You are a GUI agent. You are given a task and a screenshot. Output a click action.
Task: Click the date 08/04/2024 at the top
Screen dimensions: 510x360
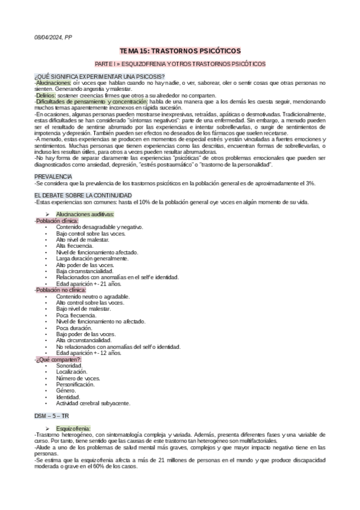47,37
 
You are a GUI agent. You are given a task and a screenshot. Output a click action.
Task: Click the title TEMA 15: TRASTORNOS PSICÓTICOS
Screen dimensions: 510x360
180,52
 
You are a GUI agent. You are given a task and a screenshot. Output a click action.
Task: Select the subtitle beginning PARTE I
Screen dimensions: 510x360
180,64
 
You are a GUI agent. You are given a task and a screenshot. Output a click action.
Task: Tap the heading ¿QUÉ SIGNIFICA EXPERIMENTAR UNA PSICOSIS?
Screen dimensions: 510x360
91,76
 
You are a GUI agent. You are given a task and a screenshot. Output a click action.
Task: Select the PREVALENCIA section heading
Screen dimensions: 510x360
53,176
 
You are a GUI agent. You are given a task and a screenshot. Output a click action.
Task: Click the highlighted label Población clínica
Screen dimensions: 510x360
57,221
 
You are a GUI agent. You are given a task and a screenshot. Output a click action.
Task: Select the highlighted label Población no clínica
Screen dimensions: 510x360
61,289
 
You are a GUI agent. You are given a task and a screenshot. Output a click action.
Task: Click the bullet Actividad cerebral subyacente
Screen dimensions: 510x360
93,402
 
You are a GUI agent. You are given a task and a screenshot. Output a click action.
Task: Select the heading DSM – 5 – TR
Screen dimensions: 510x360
52,416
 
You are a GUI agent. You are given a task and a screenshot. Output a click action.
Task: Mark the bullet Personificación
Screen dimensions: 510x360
76,384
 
